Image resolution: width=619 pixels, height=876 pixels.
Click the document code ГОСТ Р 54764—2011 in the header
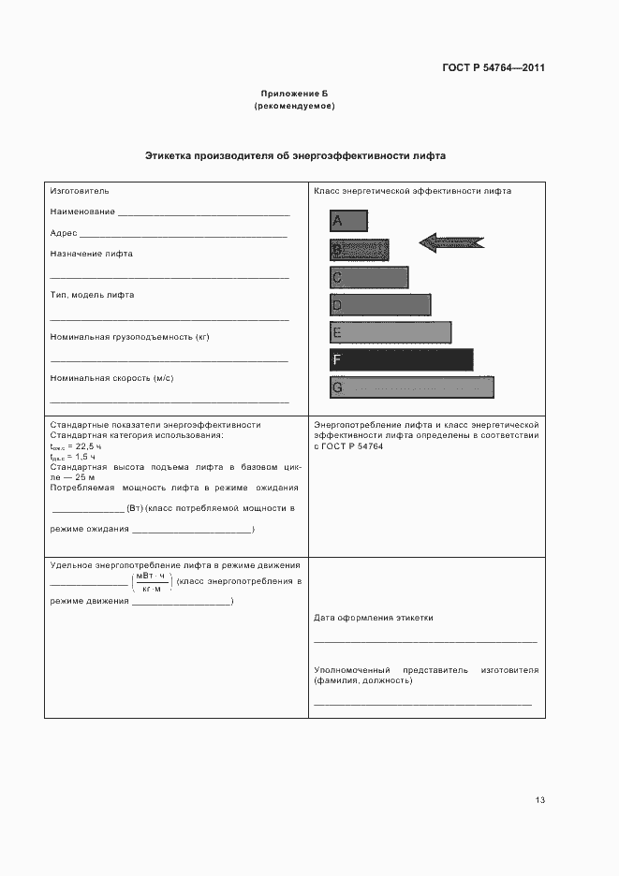(x=493, y=68)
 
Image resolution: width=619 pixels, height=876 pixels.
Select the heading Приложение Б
(x=295, y=95)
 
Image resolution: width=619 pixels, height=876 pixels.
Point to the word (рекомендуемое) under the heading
(x=295, y=107)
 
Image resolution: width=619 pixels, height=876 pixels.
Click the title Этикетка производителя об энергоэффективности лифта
(x=295, y=156)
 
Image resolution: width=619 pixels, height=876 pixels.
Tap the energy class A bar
(x=348, y=221)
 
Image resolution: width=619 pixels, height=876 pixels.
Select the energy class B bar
(x=359, y=250)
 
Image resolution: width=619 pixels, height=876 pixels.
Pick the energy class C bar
(x=369, y=277)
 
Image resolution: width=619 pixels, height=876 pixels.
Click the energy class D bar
(x=380, y=305)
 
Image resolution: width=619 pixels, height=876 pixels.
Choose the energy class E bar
(x=391, y=332)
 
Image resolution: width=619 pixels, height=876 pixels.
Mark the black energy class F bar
(x=401, y=359)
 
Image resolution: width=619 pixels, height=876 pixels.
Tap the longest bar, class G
(x=411, y=387)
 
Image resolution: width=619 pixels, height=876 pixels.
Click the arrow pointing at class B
(x=450, y=242)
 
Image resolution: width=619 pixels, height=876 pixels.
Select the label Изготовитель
(x=80, y=191)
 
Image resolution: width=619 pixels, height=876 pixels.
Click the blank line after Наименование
(x=204, y=214)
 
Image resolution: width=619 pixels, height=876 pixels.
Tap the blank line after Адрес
(x=184, y=235)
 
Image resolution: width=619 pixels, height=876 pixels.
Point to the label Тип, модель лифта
(x=92, y=295)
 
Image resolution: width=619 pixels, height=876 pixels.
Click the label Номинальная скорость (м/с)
(x=111, y=378)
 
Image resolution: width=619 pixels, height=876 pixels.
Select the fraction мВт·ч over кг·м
(x=151, y=582)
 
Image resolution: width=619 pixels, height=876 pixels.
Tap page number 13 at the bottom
(x=539, y=800)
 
